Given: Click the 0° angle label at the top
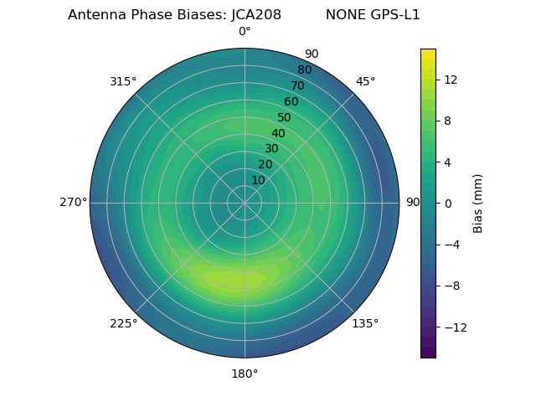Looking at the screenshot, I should click(x=245, y=32).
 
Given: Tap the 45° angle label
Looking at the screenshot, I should click(x=365, y=81).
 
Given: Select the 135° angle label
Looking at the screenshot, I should click(x=365, y=323).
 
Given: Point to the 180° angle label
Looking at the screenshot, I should click(x=245, y=374).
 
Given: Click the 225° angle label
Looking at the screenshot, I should click(x=123, y=323).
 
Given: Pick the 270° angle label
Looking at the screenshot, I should click(x=73, y=202).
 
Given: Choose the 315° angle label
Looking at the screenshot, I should click(x=123, y=81).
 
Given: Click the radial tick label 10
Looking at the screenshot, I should click(x=258, y=180).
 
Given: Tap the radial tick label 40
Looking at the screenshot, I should click(x=278, y=133).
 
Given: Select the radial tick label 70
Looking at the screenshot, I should click(x=297, y=85).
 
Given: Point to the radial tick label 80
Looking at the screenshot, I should click(x=304, y=70).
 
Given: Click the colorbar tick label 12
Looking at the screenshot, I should click(x=450, y=80).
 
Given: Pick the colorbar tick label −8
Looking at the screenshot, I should click(x=450, y=286).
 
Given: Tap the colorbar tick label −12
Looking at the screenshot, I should click(x=452, y=327).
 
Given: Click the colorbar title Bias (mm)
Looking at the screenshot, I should click(x=478, y=204).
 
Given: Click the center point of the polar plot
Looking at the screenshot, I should click(x=245, y=203).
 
